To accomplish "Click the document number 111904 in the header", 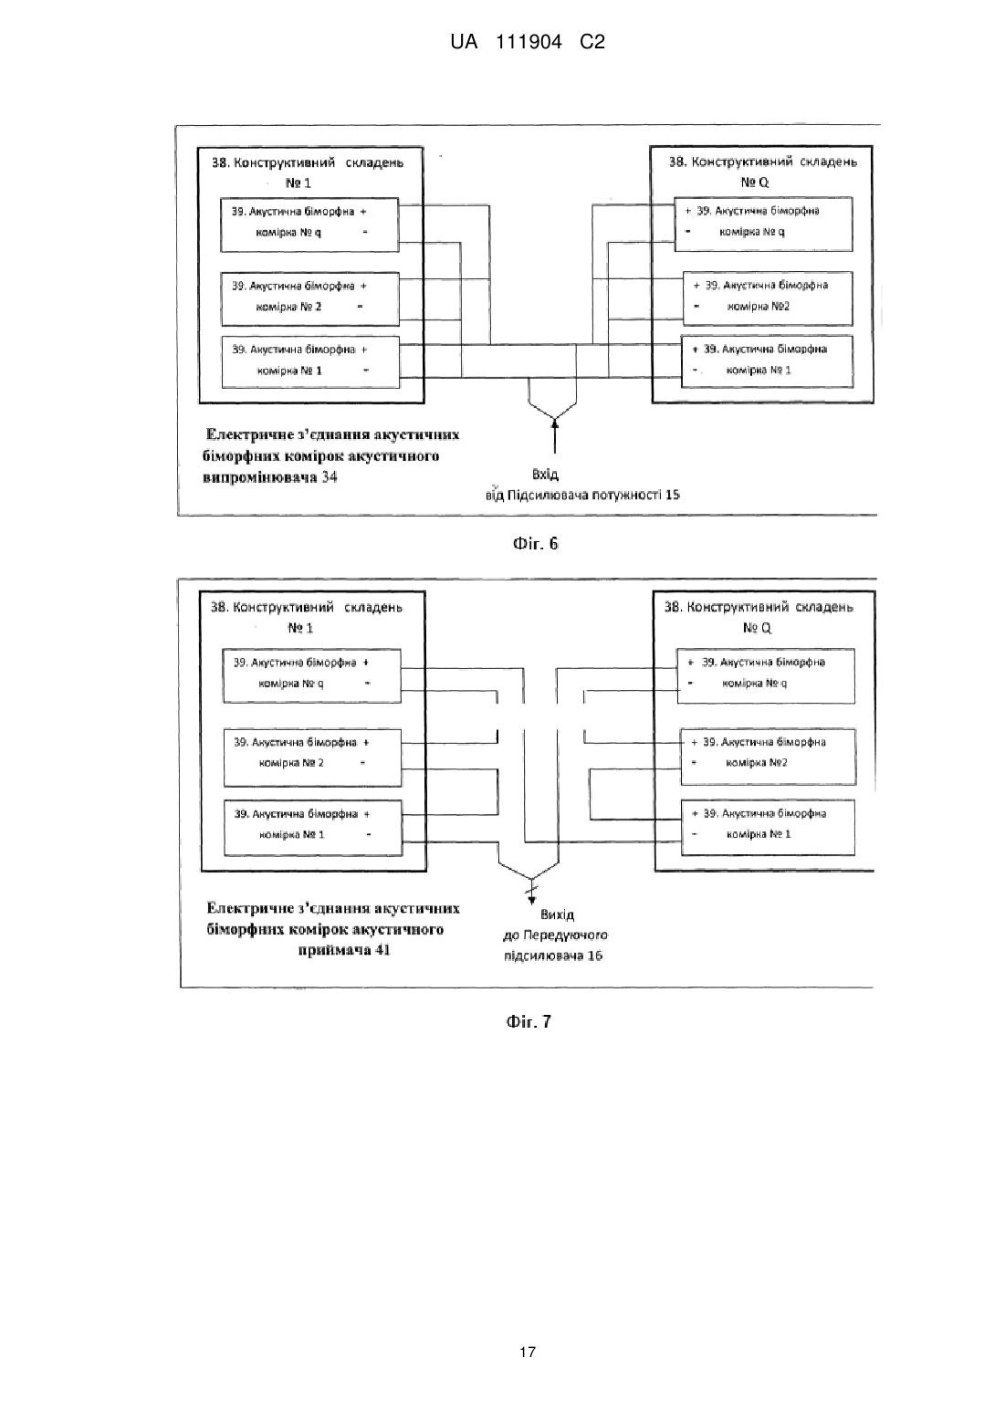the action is click(528, 42).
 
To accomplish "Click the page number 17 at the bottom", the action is click(528, 1352).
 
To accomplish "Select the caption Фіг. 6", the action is click(536, 543).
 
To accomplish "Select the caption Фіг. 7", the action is click(529, 1021).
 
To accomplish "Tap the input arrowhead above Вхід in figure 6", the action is click(554, 423).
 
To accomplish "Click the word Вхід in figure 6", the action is click(545, 474).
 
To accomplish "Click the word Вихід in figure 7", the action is click(557, 914).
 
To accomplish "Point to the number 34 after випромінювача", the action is click(330, 477).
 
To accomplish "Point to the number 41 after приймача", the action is click(382, 950).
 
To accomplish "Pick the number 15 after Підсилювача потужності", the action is click(673, 494).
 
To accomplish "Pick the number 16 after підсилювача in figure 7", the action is click(594, 956).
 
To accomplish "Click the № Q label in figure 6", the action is click(754, 182).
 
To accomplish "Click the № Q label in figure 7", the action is click(757, 627).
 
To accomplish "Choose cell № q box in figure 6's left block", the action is click(309, 225).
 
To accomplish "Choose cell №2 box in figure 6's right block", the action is click(768, 298).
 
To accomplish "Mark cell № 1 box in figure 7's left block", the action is click(313, 828).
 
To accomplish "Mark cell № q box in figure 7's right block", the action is click(766, 675).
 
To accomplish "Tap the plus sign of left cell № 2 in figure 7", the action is click(366, 742).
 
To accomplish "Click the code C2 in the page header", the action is click(592, 42).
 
